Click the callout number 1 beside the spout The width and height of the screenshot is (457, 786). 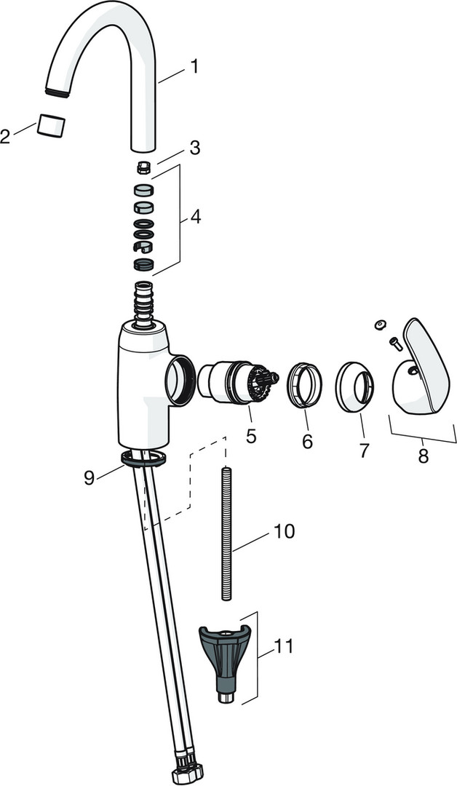click(x=194, y=67)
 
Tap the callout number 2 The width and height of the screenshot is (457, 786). click(x=5, y=136)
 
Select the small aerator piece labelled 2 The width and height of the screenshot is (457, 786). click(x=51, y=125)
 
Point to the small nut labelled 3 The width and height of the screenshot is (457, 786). click(x=144, y=168)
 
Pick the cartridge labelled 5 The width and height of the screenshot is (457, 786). click(x=237, y=382)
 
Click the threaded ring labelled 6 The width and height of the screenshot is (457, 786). click(x=304, y=384)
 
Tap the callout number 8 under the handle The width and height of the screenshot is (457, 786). click(x=424, y=456)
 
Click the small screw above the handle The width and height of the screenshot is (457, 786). click(x=395, y=344)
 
